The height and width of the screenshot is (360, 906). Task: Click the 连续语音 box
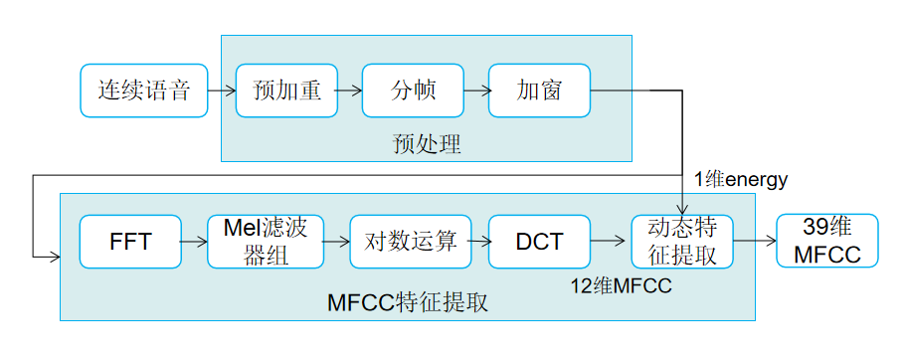143,90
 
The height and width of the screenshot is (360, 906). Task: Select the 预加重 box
286,90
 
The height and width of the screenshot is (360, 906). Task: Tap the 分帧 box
413,90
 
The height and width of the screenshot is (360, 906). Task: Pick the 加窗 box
539,90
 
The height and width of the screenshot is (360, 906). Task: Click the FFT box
130,242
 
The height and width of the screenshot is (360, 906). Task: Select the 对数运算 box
410,242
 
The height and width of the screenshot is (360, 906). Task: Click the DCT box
539,242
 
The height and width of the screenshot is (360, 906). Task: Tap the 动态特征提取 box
682,242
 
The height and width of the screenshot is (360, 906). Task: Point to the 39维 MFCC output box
827,242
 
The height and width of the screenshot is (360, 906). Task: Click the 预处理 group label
427,143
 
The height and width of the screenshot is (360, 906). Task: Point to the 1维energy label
741,179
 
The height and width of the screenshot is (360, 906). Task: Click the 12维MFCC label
621,286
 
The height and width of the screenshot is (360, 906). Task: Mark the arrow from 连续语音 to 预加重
221,90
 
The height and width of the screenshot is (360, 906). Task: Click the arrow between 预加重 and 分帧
349,90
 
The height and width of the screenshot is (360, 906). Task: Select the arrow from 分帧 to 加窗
475,90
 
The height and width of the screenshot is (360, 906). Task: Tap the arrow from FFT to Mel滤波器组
194,242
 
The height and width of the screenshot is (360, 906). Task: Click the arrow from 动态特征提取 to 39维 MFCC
755,242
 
